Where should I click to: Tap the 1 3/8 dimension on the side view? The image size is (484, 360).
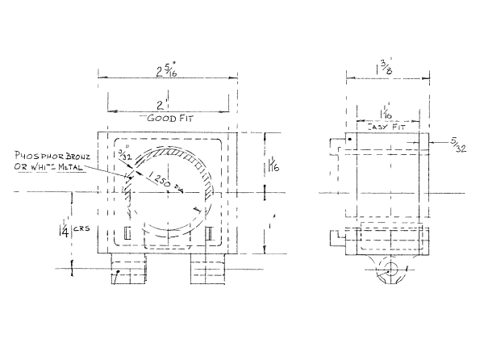click(383, 64)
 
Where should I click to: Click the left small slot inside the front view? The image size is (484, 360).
click(127, 233)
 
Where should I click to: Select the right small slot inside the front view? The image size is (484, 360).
click(208, 233)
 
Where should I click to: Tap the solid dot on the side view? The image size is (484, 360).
click(349, 139)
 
